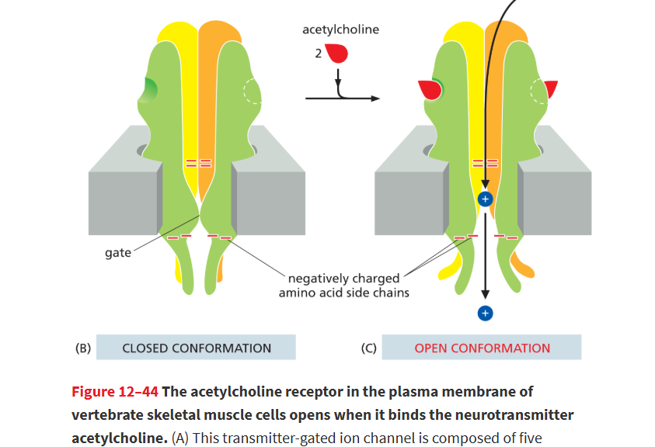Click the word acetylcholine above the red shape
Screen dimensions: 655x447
(340, 29)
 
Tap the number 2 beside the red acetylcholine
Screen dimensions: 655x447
(319, 54)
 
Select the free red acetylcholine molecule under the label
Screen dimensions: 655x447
(337, 53)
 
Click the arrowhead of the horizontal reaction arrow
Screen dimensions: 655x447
(375, 99)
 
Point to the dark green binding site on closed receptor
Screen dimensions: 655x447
(148, 90)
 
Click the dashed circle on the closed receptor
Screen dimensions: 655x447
(252, 92)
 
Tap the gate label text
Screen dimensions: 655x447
(118, 253)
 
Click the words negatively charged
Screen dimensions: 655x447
(343, 278)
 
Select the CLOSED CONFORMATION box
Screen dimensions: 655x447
(196, 347)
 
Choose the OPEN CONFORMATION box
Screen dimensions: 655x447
(482, 347)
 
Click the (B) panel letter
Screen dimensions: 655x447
(82, 348)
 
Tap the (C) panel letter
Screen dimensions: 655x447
(368, 348)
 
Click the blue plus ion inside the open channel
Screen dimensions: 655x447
(486, 199)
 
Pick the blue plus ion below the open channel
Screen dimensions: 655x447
(486, 314)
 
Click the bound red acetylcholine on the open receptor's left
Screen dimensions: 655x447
(430, 90)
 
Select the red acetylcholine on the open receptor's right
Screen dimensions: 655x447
(551, 88)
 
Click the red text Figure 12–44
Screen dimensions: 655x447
(115, 392)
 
